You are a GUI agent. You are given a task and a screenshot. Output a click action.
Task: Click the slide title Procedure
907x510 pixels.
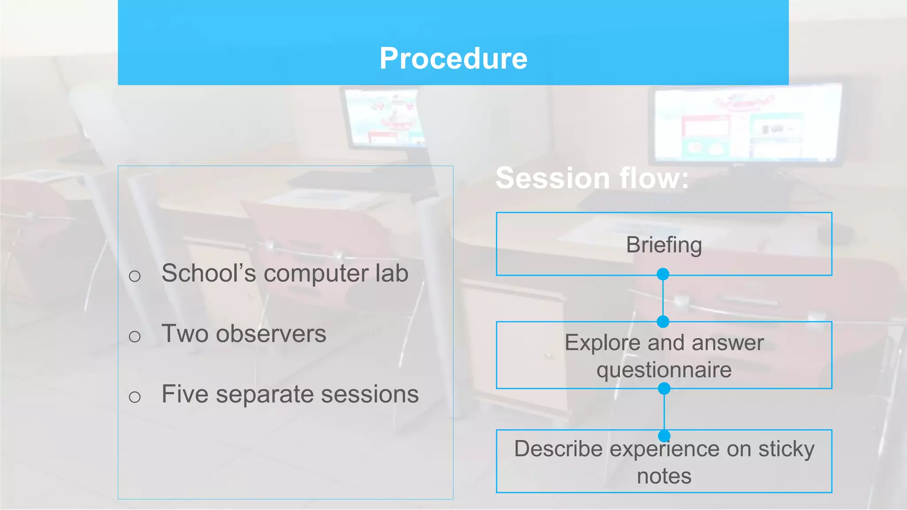click(453, 58)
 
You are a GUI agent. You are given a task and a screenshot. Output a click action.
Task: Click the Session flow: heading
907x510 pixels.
click(592, 178)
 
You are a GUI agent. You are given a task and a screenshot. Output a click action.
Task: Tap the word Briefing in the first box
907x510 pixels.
click(663, 245)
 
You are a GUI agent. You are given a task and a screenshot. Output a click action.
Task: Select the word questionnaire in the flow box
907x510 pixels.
click(663, 370)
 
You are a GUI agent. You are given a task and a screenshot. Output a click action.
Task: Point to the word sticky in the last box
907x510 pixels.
click(786, 449)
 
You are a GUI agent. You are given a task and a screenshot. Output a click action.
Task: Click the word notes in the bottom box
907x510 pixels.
click(663, 476)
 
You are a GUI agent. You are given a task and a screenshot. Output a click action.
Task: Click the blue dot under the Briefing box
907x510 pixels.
click(663, 274)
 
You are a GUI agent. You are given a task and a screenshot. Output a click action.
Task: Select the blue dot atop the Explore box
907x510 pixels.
click(663, 322)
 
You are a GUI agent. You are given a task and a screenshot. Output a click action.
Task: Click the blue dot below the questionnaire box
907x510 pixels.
click(664, 389)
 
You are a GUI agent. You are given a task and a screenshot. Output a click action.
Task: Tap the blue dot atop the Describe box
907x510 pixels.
click(664, 436)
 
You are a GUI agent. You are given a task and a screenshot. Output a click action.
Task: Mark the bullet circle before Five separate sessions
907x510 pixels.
click(135, 397)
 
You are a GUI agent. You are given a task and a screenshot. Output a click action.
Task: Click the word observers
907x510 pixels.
click(271, 334)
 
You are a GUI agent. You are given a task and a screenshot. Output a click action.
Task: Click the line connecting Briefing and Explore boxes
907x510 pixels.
click(663, 298)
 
